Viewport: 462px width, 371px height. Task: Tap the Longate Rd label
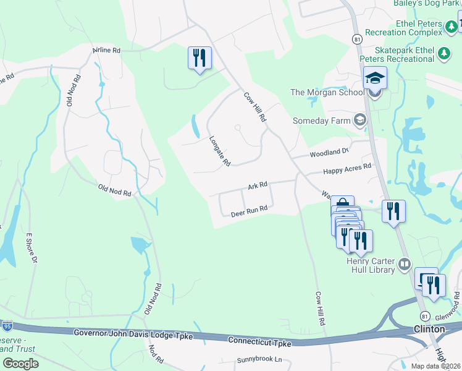[x=219, y=151]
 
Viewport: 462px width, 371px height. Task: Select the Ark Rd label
[x=258, y=185]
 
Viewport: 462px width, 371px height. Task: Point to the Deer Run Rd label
[x=249, y=210]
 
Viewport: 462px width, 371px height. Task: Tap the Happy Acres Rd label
[x=347, y=168]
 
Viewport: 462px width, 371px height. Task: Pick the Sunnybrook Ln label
[x=259, y=359]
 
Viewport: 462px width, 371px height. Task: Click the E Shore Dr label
[x=30, y=248]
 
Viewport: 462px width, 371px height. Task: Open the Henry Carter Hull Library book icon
[x=405, y=265]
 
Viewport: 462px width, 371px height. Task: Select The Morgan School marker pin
[x=374, y=80]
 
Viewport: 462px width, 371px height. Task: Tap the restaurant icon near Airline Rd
[x=199, y=59]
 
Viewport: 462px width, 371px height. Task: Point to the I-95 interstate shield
[x=7, y=325]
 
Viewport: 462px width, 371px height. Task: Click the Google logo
[x=20, y=363]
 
